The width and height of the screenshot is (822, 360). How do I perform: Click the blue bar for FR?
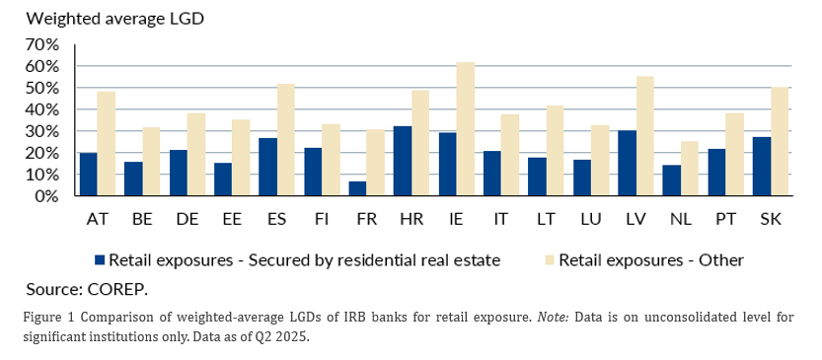[357, 188]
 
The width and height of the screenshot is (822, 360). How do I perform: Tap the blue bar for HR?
[403, 161]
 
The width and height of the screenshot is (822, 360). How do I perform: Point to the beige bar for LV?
[644, 136]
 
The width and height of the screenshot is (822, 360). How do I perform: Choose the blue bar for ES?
[267, 167]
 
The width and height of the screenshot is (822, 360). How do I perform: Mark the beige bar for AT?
[107, 144]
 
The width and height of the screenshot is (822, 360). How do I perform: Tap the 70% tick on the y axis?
[40, 45]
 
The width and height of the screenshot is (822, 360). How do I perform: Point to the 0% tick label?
[45, 196]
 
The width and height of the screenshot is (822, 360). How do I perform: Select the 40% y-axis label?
[40, 110]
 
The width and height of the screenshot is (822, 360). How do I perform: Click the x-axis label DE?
[187, 219]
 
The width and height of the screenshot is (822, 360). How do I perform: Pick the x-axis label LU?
[591, 219]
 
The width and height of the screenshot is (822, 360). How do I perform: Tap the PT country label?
[725, 219]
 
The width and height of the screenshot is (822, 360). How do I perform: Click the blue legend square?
[100, 260]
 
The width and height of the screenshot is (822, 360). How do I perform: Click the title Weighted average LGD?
[114, 19]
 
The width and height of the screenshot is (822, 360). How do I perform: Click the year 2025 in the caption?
[294, 336]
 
